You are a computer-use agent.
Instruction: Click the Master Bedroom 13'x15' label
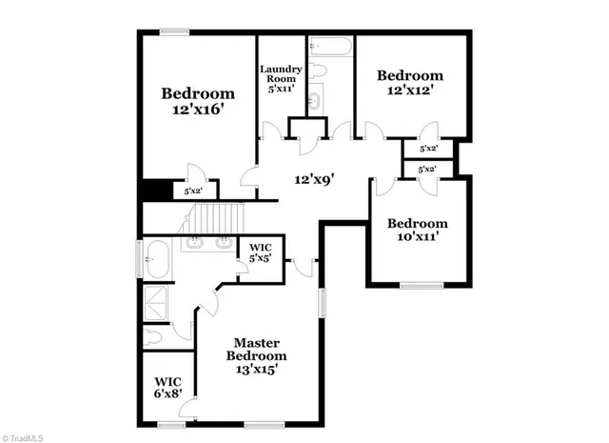click(x=256, y=354)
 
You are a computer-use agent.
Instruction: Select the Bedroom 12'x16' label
click(x=197, y=101)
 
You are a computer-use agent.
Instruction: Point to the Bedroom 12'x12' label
click(x=410, y=84)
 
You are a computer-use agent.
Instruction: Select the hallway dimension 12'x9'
click(x=314, y=177)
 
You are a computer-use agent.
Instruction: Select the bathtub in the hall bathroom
click(x=330, y=46)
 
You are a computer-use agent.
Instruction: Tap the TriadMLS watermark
click(x=25, y=436)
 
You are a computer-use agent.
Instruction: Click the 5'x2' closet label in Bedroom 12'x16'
click(x=193, y=191)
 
